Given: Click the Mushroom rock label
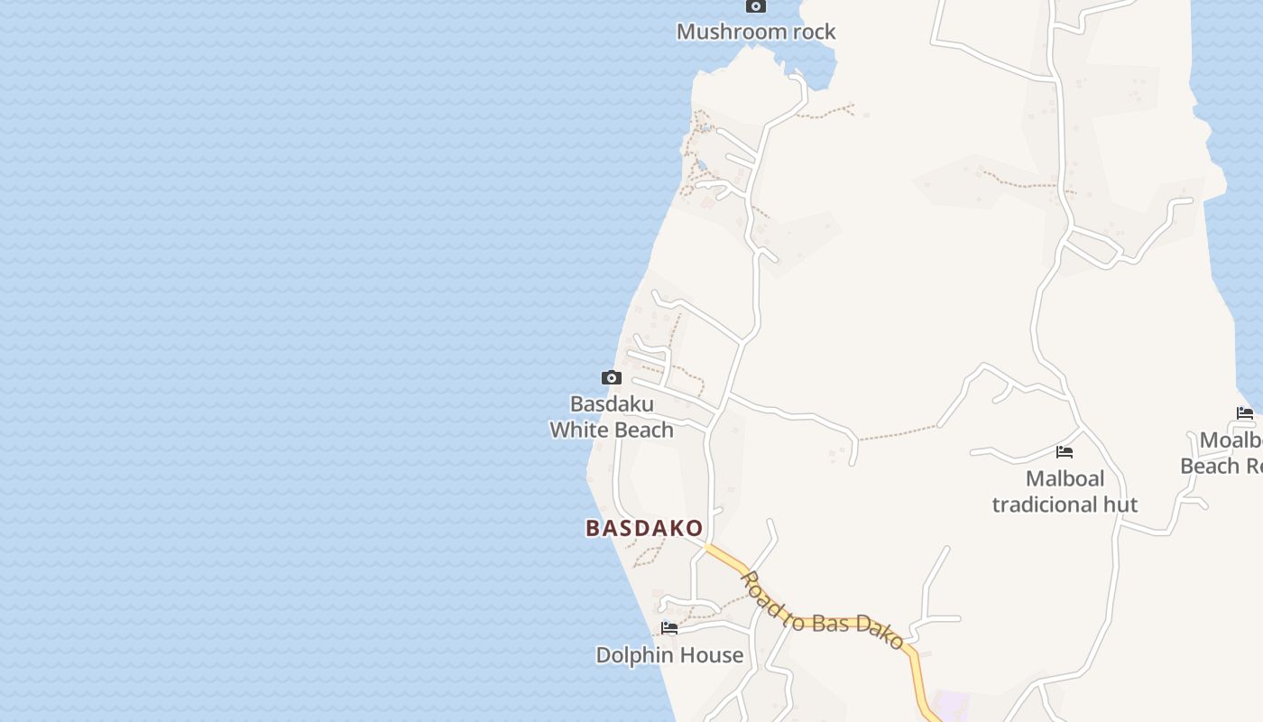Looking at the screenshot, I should (x=756, y=32).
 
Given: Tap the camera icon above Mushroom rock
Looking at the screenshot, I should (x=755, y=6).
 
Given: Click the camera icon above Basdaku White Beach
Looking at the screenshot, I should (x=612, y=377).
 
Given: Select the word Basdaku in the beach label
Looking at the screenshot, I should (x=612, y=403).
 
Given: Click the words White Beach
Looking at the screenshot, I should (x=612, y=430).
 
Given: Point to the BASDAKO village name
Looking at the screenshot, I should (x=644, y=528).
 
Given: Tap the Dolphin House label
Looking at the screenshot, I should (x=669, y=655).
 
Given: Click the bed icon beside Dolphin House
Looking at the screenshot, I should (x=669, y=627).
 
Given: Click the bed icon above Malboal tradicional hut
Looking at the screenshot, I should (x=1065, y=451).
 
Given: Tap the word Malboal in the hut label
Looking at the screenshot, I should (x=1065, y=478).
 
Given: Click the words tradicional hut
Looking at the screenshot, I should (x=1065, y=504).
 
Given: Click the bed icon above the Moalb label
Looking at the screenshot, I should (x=1245, y=413).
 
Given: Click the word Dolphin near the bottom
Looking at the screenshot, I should (x=631, y=655).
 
